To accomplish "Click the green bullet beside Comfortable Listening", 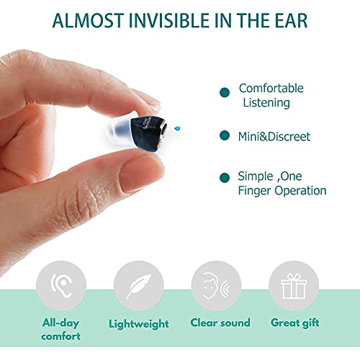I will pyautogui.click(x=225, y=91).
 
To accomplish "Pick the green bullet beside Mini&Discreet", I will pyautogui.click(x=225, y=136).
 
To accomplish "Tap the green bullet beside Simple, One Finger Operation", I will pyautogui.click(x=225, y=176).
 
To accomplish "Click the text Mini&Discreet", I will pyautogui.click(x=274, y=136).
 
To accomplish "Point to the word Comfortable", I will pyautogui.click(x=271, y=89).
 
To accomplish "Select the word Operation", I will pyautogui.click(x=297, y=191).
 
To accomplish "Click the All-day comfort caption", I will pyautogui.click(x=60, y=330).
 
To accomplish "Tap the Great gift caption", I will pyautogui.click(x=293, y=323).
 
